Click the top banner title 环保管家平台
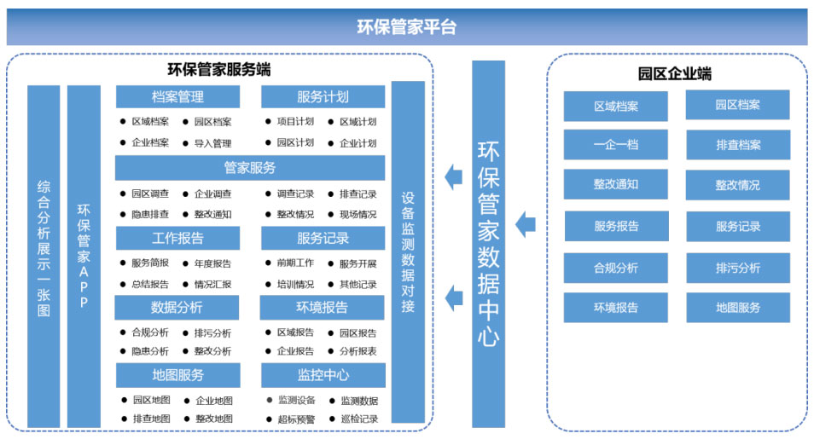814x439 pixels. click(x=406, y=26)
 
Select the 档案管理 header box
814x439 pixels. click(x=177, y=97)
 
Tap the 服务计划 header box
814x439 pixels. click(x=323, y=97)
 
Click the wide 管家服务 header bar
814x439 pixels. click(x=250, y=168)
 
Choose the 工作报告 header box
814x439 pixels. click(x=177, y=238)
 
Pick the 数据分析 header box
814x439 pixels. click(x=177, y=307)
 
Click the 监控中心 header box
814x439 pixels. click(x=323, y=375)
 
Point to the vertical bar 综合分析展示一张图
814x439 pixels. click(x=44, y=257)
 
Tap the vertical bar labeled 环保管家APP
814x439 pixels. click(x=84, y=257)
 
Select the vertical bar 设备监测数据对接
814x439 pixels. click(x=408, y=252)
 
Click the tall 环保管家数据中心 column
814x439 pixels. click(x=489, y=244)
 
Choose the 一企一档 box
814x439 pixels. click(x=616, y=145)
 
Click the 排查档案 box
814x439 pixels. click(x=738, y=145)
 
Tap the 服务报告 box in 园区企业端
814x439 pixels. click(x=616, y=226)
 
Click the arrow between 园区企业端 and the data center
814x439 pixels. click(x=526, y=225)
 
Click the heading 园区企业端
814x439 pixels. click(x=674, y=73)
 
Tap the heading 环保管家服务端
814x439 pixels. click(x=219, y=70)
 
